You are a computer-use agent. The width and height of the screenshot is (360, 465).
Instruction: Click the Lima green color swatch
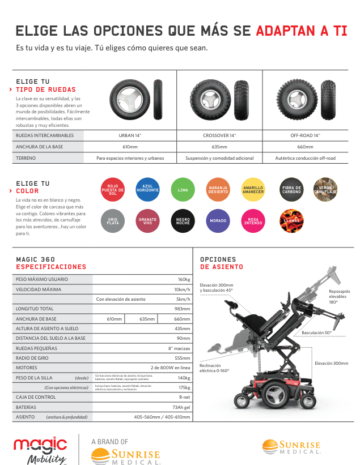coord(183,190)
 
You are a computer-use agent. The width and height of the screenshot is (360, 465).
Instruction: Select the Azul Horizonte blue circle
coord(147,189)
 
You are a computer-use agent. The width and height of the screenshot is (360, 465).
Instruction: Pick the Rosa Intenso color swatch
coord(253,220)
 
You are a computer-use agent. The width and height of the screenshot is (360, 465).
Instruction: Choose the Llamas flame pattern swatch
coord(292,220)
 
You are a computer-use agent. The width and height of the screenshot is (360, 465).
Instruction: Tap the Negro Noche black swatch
coord(183,220)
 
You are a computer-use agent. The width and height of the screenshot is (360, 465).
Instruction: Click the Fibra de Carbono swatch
coord(292,190)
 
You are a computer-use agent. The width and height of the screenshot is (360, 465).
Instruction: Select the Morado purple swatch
coord(218,220)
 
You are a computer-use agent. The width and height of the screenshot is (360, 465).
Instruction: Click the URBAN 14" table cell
coord(130,135)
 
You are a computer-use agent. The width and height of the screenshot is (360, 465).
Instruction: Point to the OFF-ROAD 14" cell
coord(305,135)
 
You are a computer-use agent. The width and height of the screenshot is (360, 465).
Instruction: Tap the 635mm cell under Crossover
coord(219,147)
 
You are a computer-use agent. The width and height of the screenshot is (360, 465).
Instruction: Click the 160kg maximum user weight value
coord(184,279)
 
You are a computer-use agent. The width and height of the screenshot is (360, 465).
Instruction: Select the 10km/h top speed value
coord(182,289)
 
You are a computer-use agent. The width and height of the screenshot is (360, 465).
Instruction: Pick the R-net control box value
coord(184,397)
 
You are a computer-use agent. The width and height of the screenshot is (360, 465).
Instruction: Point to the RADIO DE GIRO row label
coord(31,357)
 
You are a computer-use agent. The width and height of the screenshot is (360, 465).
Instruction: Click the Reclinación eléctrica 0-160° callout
coord(214,368)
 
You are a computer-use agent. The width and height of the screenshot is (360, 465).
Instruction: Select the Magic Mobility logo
coord(40,449)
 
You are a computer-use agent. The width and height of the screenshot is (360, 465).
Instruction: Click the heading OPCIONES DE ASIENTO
coord(222,263)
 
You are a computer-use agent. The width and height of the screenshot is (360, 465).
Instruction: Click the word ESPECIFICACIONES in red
coord(51,266)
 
